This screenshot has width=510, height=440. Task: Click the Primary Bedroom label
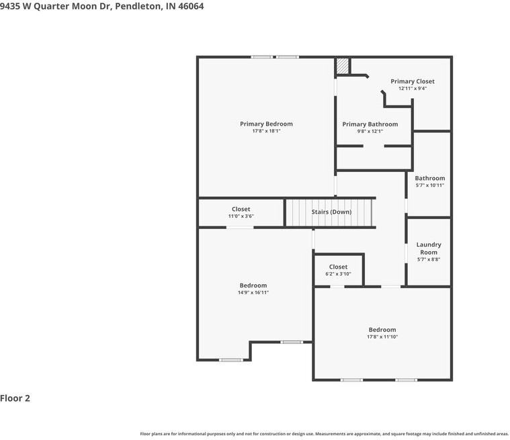(x=266, y=124)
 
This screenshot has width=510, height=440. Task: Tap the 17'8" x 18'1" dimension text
(x=266, y=131)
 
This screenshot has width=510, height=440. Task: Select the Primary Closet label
(x=413, y=81)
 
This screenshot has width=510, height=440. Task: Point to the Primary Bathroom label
(x=370, y=124)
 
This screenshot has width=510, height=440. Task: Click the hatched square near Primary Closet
(x=342, y=66)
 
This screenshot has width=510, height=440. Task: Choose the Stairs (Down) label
(x=331, y=212)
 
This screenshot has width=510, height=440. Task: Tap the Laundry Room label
(x=429, y=249)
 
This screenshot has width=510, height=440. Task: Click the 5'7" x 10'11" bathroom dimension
(x=429, y=185)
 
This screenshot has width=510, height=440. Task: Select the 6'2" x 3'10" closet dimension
(x=338, y=274)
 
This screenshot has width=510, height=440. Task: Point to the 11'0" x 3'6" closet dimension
(x=241, y=216)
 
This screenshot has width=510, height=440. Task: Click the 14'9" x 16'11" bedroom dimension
(x=253, y=292)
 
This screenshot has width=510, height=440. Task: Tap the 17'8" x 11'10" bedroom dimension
(x=382, y=337)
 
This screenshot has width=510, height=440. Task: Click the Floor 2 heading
(x=15, y=398)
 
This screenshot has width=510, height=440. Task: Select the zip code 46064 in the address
(x=191, y=6)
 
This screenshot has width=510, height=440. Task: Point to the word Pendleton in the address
(x=138, y=6)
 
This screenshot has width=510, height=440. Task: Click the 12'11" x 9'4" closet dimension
(x=413, y=89)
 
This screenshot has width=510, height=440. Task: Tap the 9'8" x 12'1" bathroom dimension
(x=370, y=132)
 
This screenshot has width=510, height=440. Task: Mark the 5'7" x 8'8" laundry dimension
(x=429, y=259)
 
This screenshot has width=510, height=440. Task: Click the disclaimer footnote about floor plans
(x=325, y=434)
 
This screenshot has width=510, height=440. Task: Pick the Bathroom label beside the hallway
(x=429, y=178)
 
